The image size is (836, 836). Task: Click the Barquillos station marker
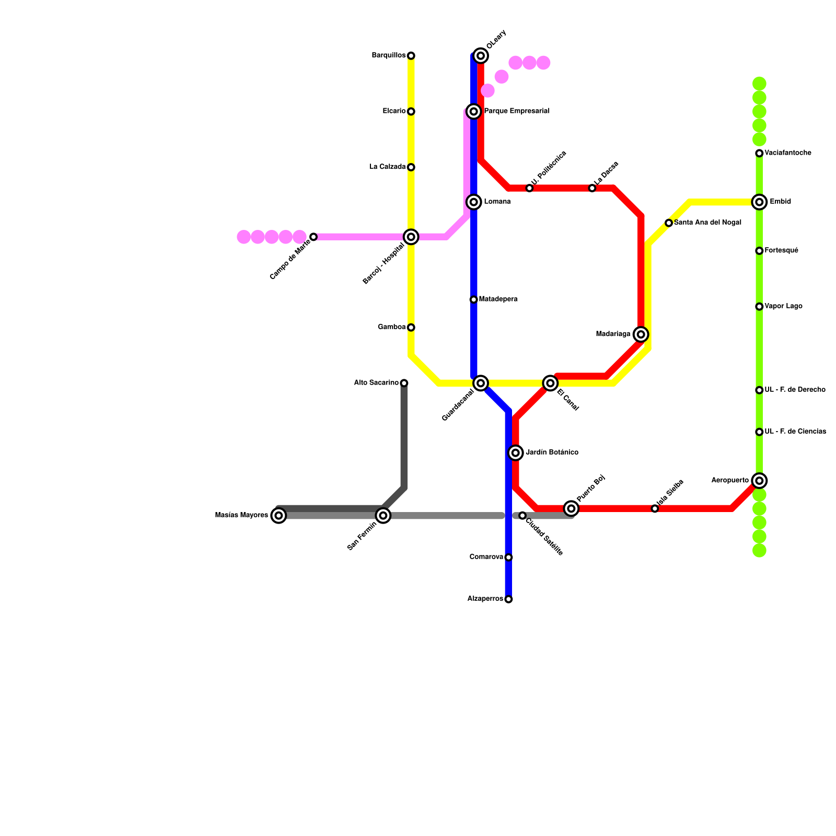click(x=411, y=56)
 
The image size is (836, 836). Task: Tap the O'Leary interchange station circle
click(x=481, y=56)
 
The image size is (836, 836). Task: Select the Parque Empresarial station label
click(x=516, y=111)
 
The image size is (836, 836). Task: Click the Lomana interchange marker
click(x=474, y=202)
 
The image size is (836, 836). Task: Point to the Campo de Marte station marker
click(x=313, y=237)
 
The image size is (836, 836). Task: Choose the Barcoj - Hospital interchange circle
click(x=411, y=237)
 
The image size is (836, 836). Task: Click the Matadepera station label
click(x=498, y=299)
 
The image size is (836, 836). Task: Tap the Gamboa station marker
click(x=411, y=328)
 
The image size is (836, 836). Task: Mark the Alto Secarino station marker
click(x=404, y=383)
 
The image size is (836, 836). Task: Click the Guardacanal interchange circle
click(x=481, y=383)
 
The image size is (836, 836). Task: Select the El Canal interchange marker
click(x=550, y=383)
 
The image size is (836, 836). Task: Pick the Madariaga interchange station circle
click(x=641, y=334)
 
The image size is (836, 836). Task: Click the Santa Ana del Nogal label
click(x=707, y=223)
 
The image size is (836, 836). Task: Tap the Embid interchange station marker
click(x=759, y=202)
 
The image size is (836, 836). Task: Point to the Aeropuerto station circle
click(x=759, y=481)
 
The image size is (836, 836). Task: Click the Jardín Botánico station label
click(x=552, y=452)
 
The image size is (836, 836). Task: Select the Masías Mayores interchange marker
click(x=279, y=516)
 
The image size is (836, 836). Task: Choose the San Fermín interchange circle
click(x=383, y=516)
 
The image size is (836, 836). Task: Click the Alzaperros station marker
click(x=508, y=599)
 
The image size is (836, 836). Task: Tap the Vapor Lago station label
click(x=783, y=307)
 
